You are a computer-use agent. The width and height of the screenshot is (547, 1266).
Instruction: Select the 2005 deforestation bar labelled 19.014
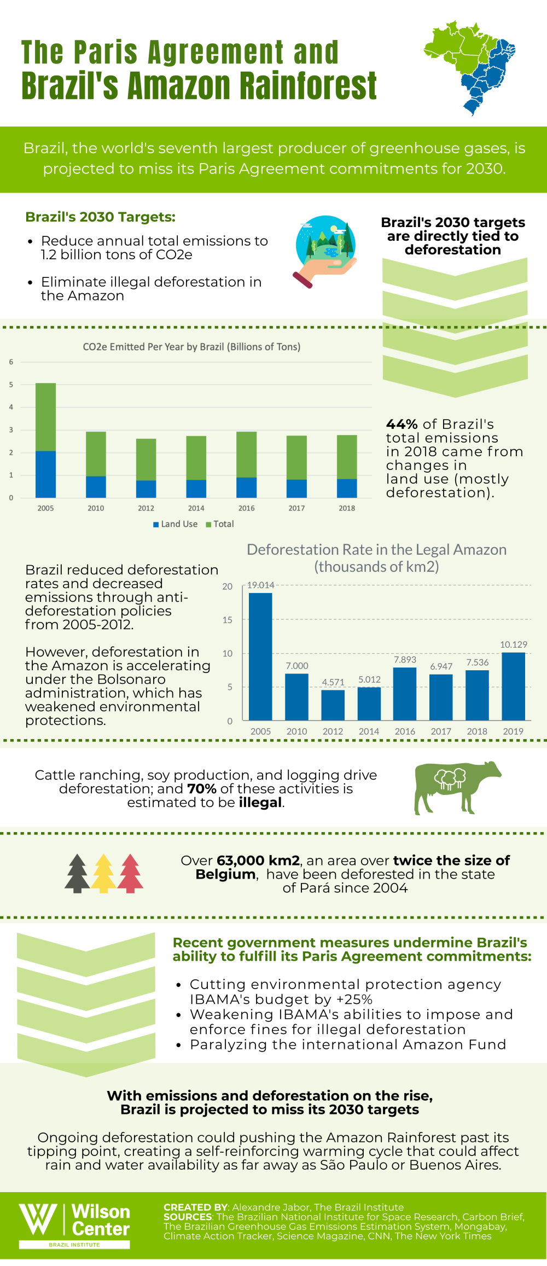click(x=260, y=656)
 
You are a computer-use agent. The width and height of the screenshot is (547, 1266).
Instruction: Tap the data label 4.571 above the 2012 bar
click(x=333, y=682)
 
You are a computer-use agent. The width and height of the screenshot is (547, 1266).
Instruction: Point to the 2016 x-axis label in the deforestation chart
click(x=405, y=731)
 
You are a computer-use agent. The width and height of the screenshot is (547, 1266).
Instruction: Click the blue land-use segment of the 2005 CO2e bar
click(x=45, y=474)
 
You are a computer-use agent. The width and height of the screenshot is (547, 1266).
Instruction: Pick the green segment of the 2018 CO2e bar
click(x=347, y=457)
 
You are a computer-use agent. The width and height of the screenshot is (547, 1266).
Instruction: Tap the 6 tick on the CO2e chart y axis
click(x=11, y=362)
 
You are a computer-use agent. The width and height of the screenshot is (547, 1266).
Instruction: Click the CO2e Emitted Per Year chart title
click(x=191, y=347)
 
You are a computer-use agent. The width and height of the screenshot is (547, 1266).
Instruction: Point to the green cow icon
click(x=456, y=787)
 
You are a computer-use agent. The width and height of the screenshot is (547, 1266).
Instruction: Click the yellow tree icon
click(x=103, y=873)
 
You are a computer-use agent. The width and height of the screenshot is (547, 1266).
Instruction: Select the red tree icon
click(x=130, y=873)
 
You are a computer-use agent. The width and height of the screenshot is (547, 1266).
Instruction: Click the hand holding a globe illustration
click(x=325, y=251)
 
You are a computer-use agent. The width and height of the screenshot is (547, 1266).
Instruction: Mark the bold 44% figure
click(x=402, y=425)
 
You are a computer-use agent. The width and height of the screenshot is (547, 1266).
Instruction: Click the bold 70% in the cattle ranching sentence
click(x=202, y=789)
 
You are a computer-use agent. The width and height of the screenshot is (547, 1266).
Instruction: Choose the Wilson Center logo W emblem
click(x=38, y=1219)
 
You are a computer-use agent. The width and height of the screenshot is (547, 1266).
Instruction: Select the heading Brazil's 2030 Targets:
click(x=101, y=217)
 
